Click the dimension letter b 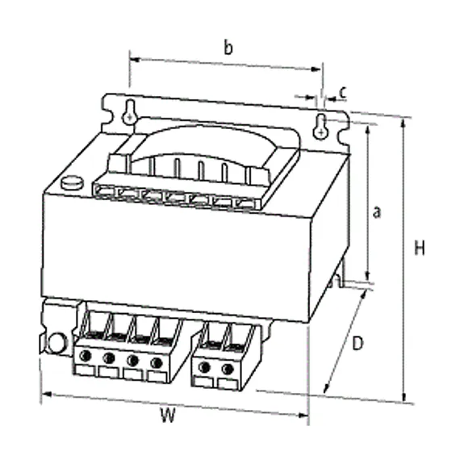pos(228,48)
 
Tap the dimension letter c pos(343,93)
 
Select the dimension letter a pos(377,212)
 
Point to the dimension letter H pos(420,248)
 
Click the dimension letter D pos(357,344)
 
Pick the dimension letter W pos(168,415)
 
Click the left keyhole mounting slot pos(130,112)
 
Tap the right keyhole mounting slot pos(320,127)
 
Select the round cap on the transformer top pos(72,183)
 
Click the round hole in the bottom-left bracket pos(56,343)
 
